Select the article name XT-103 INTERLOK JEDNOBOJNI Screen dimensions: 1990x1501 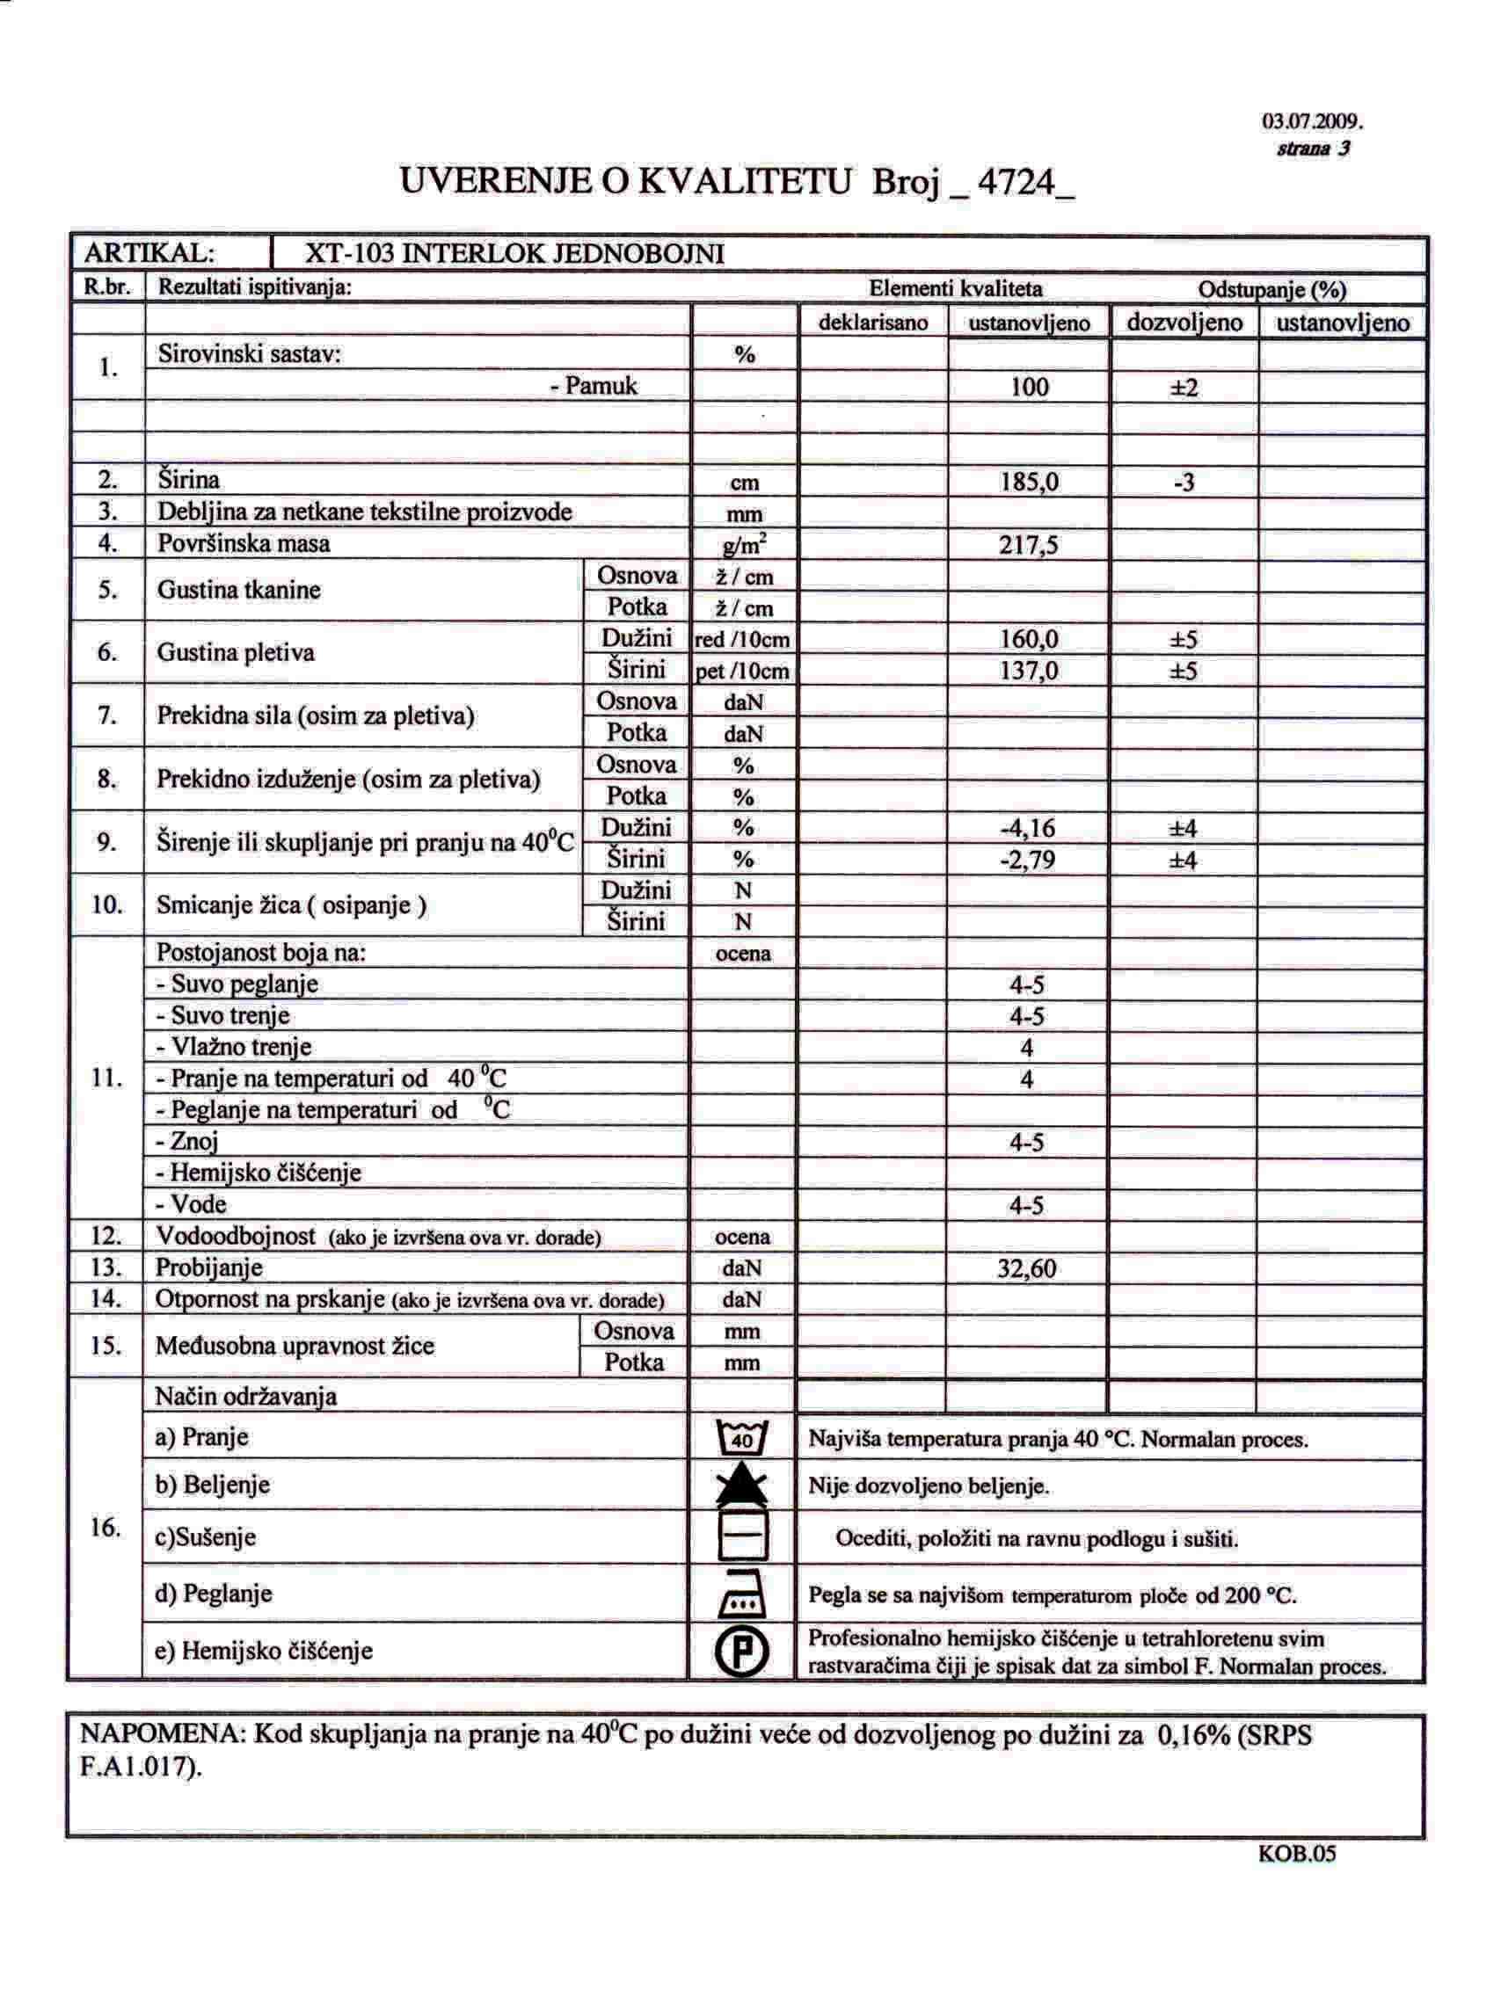pyautogui.click(x=514, y=254)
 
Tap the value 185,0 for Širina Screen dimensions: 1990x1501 pyautogui.click(x=1029, y=483)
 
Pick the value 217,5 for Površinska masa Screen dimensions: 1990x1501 pyautogui.click(x=1029, y=545)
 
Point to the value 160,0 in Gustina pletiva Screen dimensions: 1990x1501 pyautogui.click(x=1029, y=640)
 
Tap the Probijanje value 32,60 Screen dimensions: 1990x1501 pyautogui.click(x=1027, y=1268)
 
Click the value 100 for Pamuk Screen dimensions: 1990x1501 pyautogui.click(x=1030, y=387)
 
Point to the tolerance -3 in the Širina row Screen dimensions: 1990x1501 pyautogui.click(x=1184, y=483)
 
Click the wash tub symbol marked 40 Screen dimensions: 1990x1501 pyautogui.click(x=742, y=1438)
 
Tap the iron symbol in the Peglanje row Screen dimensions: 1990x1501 pyautogui.click(x=742, y=1595)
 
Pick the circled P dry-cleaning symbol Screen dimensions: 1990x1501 pyautogui.click(x=742, y=1652)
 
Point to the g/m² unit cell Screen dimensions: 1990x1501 pyautogui.click(x=743, y=545)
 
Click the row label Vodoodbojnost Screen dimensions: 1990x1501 pyautogui.click(x=236, y=1236)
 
